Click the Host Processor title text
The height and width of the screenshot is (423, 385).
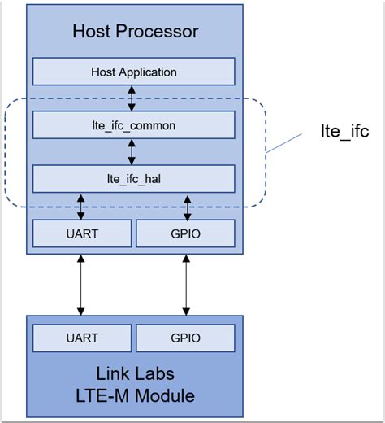[135, 33]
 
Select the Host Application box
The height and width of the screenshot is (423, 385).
[134, 72]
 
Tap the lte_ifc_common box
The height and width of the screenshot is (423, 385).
[134, 126]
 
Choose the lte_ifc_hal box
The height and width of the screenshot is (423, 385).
[134, 179]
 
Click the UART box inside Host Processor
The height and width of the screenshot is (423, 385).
[81, 233]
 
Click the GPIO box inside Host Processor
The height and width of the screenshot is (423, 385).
[186, 233]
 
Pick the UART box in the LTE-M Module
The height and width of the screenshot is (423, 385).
[81, 337]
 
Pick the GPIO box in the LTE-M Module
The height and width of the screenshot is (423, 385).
[186, 337]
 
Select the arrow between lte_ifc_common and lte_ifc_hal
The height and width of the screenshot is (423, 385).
[134, 152]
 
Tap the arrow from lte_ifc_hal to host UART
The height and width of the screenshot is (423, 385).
[81, 206]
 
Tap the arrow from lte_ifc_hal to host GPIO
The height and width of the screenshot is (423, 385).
[187, 206]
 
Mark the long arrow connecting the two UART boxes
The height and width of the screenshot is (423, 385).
[81, 285]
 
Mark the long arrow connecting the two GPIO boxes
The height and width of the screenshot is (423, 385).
[187, 285]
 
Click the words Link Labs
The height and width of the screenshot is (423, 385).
[134, 376]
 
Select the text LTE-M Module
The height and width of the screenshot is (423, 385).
[134, 396]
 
